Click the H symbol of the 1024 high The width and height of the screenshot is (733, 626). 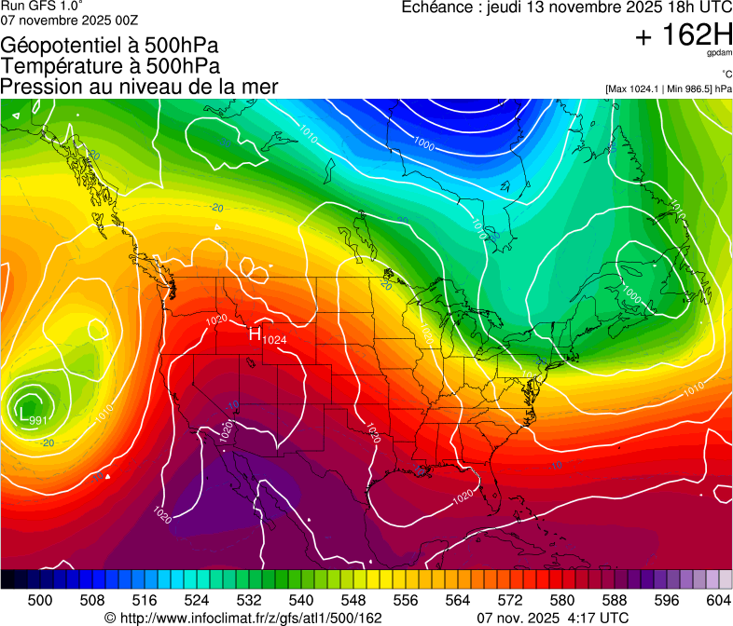pos(254,334)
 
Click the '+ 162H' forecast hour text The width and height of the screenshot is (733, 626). pos(684,35)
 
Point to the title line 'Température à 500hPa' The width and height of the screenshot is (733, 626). pos(110,66)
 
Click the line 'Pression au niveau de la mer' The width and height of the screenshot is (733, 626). pos(139,87)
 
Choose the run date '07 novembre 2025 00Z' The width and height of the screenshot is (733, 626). pos(70,20)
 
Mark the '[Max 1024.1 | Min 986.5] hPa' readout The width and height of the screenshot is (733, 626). pos(668,89)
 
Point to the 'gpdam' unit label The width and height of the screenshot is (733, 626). pos(719,53)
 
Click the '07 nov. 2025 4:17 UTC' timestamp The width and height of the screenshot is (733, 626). pos(552,617)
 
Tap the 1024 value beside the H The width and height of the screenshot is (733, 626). pos(274,341)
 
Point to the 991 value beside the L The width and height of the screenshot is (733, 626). pos(39,420)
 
